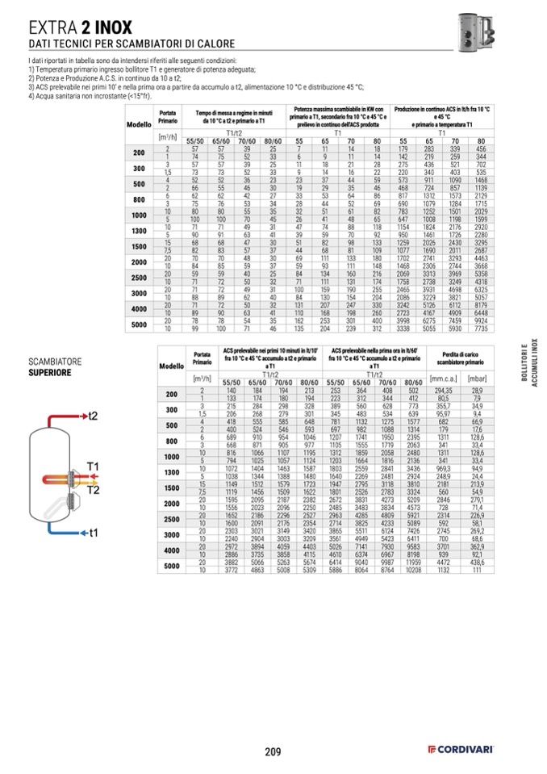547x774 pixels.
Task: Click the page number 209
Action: coord(273,752)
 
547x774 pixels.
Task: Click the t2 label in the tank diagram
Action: coord(92,415)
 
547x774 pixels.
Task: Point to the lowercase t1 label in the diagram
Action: coord(93,533)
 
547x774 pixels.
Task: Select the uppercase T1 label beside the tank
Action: coord(93,466)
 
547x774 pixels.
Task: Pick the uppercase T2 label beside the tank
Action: coord(93,490)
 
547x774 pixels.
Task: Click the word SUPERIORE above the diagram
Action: coord(49,374)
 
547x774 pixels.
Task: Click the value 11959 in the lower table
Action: coord(413,562)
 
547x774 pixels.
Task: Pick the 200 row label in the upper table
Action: coord(139,153)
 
